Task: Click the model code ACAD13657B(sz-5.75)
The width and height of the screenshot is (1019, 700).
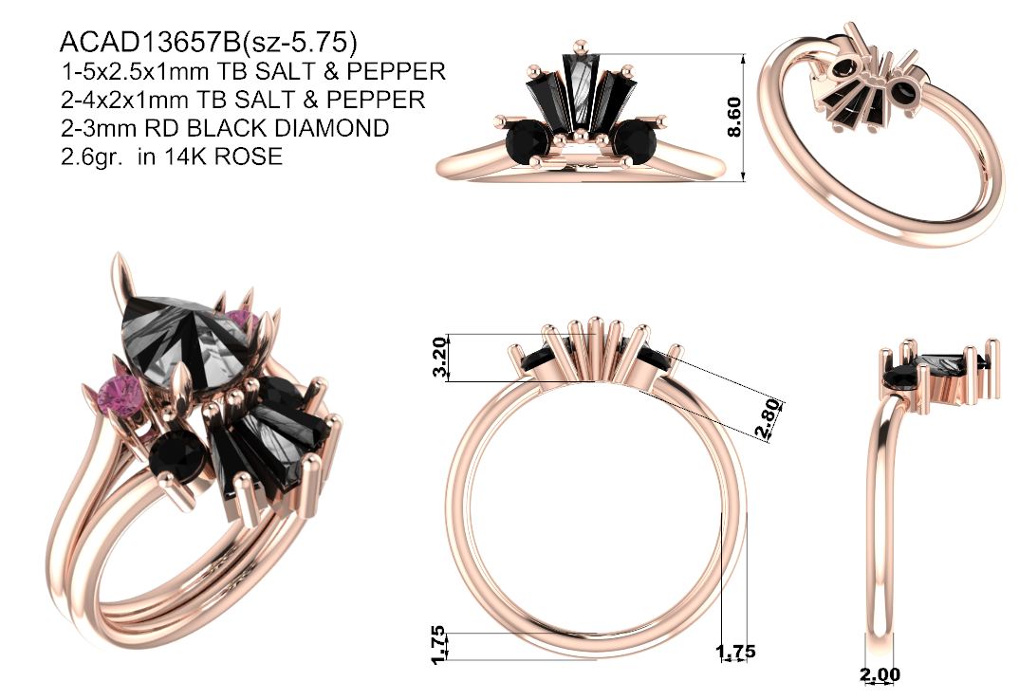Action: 208,42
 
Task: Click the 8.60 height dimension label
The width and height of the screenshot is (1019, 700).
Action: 733,117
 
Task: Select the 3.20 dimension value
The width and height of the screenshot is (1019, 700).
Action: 440,357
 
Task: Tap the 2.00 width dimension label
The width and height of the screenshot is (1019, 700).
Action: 880,674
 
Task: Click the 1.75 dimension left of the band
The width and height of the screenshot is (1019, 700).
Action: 438,645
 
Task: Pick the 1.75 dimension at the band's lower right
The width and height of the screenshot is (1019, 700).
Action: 735,651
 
